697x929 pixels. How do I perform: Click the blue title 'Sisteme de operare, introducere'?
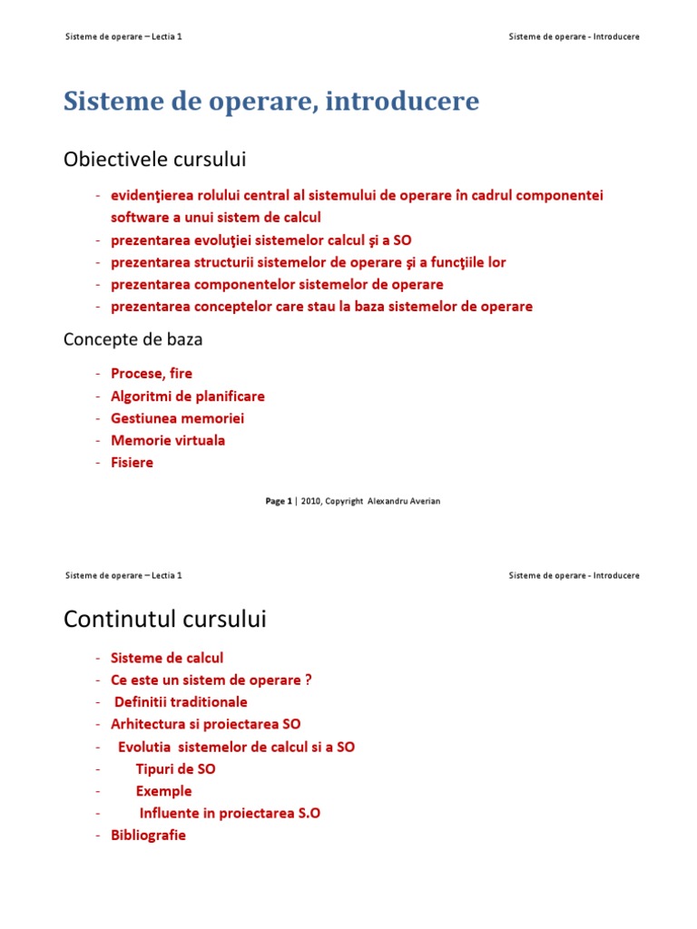tap(271, 102)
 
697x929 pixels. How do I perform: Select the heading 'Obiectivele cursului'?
tap(154, 160)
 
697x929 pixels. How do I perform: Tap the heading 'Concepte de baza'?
tap(133, 339)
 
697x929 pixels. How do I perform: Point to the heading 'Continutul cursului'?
tap(165, 620)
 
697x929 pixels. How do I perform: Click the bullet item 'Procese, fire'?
tap(152, 373)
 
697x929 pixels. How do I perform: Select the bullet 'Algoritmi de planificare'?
tap(188, 396)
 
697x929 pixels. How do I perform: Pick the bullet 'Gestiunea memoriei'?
tap(177, 418)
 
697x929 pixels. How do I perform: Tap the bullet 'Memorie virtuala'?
tap(168, 440)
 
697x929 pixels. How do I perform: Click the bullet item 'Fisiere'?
tap(132, 462)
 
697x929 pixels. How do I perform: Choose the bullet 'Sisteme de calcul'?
tap(167, 658)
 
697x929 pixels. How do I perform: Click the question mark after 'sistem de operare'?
tap(309, 680)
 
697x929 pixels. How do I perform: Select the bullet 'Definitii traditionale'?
tap(181, 701)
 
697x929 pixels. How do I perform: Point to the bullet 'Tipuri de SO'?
tap(176, 768)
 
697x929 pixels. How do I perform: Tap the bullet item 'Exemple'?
tap(164, 790)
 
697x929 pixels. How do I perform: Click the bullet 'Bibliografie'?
tap(148, 835)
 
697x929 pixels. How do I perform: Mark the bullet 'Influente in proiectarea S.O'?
tap(230, 813)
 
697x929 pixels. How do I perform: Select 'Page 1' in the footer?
tap(279, 501)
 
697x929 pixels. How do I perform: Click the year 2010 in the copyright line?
tap(309, 501)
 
